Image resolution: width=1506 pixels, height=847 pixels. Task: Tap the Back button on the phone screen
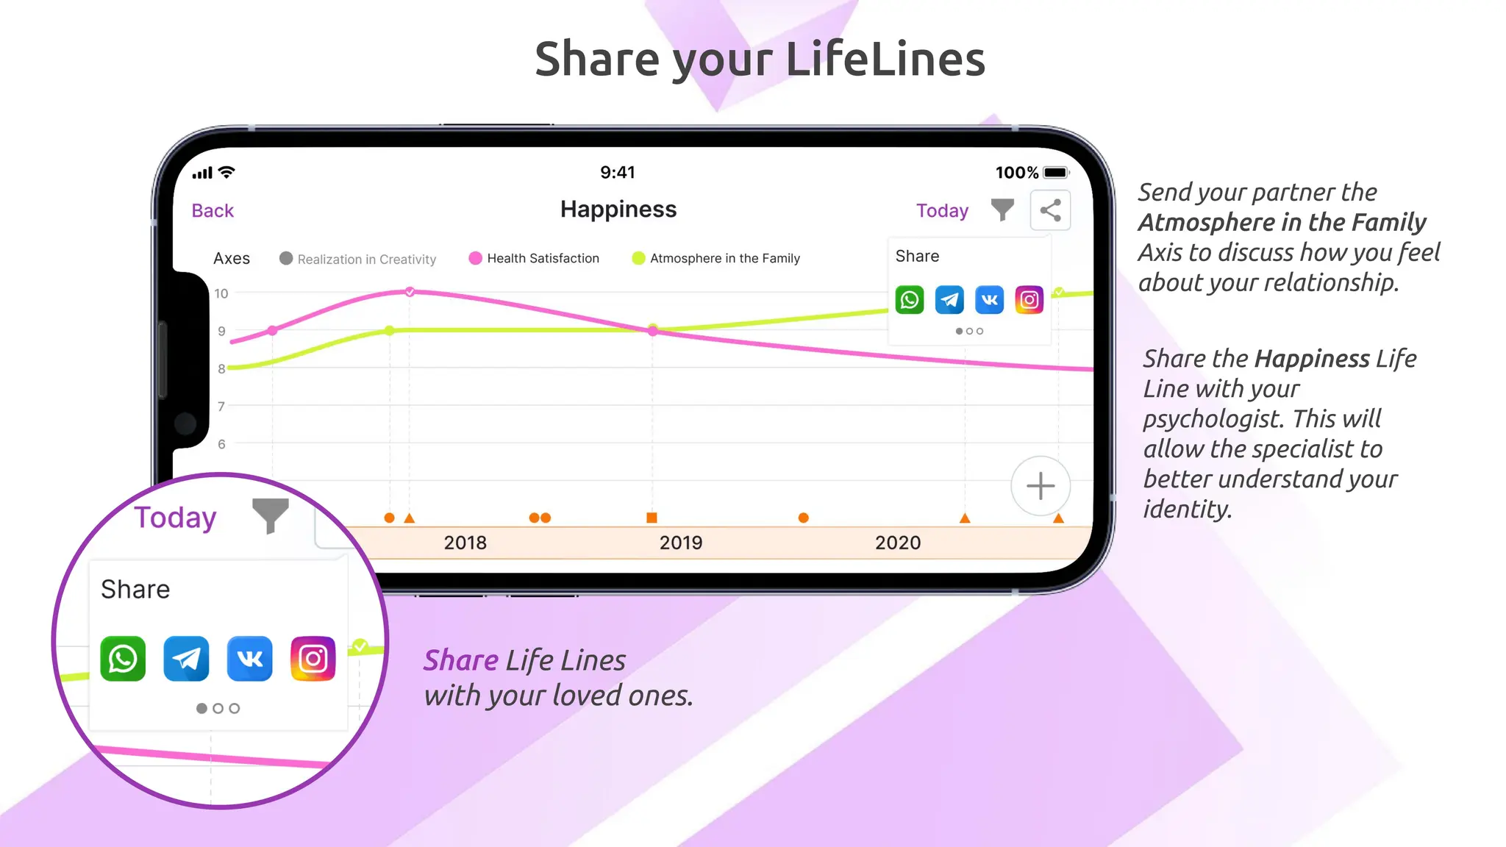click(213, 211)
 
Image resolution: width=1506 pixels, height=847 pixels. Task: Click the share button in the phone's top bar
click(1050, 210)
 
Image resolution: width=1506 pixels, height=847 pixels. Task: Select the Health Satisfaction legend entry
click(534, 258)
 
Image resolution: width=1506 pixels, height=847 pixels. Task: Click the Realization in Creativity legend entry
click(358, 259)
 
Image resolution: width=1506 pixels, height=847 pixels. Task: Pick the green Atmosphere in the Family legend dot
click(638, 258)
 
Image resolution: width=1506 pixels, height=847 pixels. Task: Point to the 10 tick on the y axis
click(221, 293)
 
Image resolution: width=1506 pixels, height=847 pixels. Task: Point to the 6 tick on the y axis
click(221, 444)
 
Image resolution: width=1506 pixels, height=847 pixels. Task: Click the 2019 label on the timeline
click(681, 543)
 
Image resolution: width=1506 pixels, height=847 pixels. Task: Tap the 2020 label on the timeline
click(898, 543)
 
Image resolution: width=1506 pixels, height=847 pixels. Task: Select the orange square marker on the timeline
click(652, 518)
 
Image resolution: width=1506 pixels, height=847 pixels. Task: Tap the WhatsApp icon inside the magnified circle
click(123, 659)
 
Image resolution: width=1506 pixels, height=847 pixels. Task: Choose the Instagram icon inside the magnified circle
click(313, 659)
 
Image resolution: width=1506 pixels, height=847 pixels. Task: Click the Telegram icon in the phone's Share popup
click(949, 300)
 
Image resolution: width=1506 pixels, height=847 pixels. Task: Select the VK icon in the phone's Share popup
click(989, 300)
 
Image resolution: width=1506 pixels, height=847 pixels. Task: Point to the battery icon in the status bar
click(1056, 173)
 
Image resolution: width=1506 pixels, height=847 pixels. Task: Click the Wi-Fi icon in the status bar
click(227, 172)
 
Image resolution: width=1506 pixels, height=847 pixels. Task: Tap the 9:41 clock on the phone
click(618, 172)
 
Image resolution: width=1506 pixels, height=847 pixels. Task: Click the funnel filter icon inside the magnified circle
click(270, 514)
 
